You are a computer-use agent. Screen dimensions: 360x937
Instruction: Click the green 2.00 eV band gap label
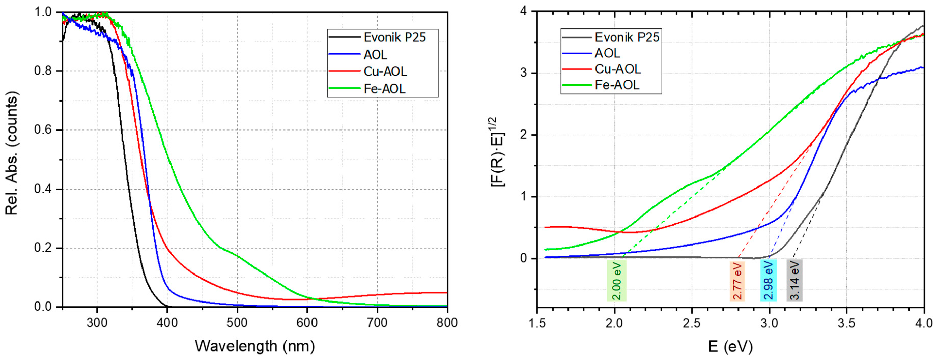click(617, 280)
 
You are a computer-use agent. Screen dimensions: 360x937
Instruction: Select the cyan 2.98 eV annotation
click(768, 280)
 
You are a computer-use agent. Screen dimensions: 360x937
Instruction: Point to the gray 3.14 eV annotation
click(795, 280)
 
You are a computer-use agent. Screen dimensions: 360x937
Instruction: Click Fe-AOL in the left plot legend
click(385, 88)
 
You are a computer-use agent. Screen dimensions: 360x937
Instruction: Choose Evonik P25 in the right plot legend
click(627, 37)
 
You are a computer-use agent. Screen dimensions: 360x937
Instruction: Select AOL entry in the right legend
click(607, 53)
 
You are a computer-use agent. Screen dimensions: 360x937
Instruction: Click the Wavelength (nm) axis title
click(255, 346)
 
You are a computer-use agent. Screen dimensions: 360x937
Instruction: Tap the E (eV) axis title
click(730, 347)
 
